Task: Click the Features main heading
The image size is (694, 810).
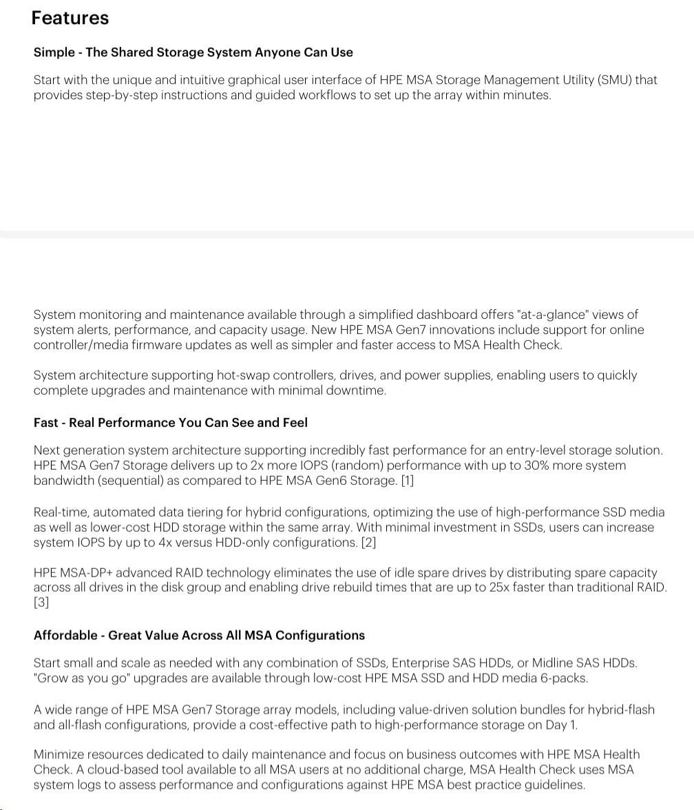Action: tap(70, 18)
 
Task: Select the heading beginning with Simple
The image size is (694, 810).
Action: tap(193, 52)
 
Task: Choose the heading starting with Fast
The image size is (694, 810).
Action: tap(170, 423)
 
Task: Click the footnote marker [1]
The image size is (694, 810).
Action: tap(407, 481)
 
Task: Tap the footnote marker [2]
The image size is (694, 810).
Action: tap(368, 543)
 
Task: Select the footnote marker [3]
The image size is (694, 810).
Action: tap(41, 603)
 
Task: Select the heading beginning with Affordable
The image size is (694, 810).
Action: tap(199, 636)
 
